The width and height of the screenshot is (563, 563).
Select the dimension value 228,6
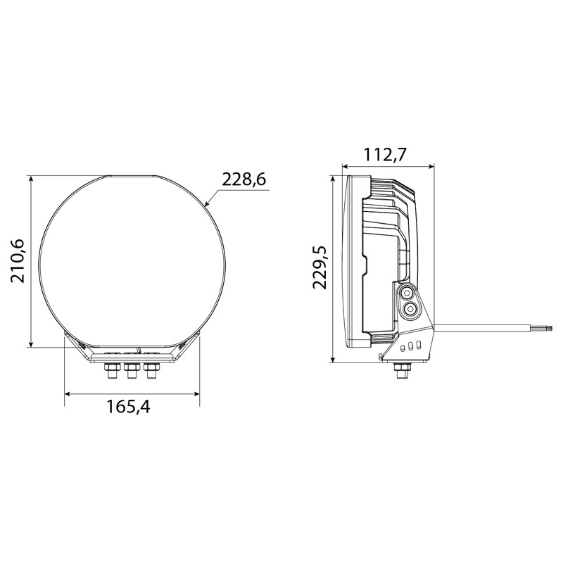(243, 179)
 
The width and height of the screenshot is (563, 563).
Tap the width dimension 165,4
(128, 407)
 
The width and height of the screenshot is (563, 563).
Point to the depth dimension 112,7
(384, 156)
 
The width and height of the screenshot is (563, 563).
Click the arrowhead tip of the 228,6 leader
(205, 205)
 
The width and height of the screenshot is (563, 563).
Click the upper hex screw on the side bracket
(407, 293)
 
